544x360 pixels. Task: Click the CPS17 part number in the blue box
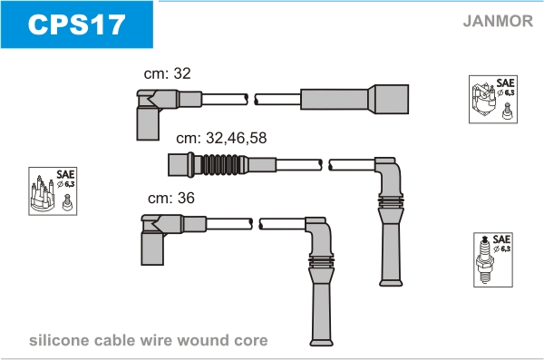click(x=76, y=24)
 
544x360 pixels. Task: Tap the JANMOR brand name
click(x=498, y=21)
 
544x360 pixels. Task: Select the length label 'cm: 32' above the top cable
click(x=167, y=73)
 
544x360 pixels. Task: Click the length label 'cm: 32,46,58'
click(x=221, y=138)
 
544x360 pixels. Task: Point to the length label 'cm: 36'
click(x=171, y=198)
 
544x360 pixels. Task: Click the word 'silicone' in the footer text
click(x=59, y=340)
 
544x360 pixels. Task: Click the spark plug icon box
click(x=493, y=259)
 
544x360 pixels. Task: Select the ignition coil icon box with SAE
click(x=493, y=99)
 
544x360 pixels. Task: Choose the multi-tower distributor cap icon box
click(x=53, y=191)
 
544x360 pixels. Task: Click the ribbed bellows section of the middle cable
click(x=221, y=164)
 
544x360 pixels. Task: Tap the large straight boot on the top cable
click(x=355, y=99)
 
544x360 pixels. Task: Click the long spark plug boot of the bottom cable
click(x=321, y=302)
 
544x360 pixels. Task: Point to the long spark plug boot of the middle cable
click(x=391, y=242)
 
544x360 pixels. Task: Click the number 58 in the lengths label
click(x=257, y=138)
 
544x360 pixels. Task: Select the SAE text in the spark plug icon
click(x=501, y=239)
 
